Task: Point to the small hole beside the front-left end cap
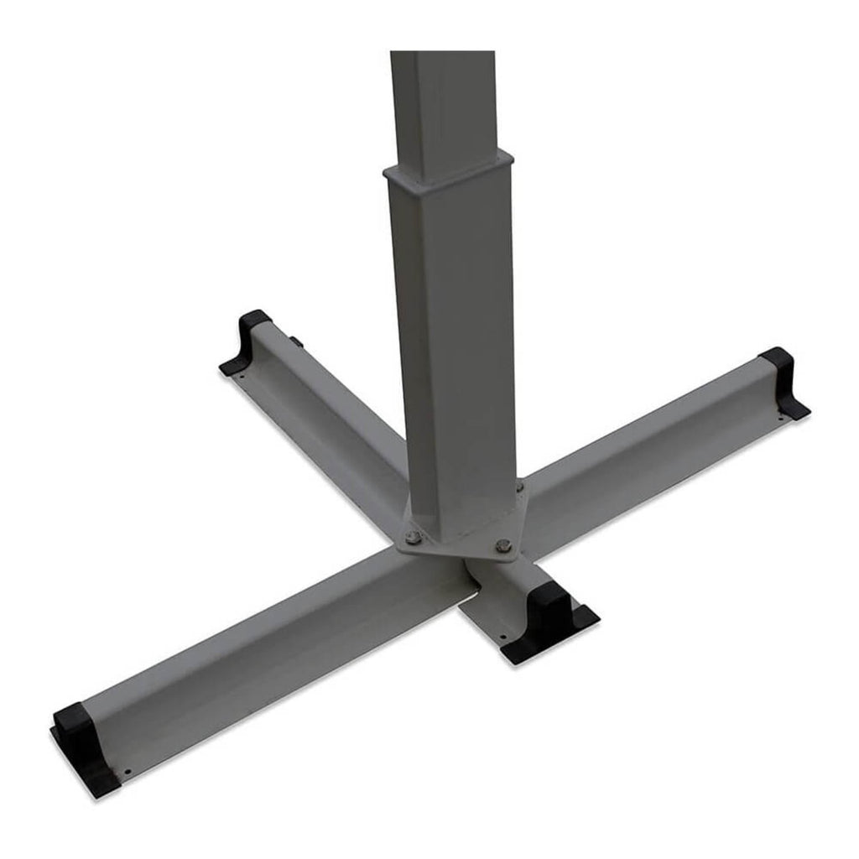click(x=128, y=773)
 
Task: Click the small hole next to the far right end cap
click(x=781, y=417)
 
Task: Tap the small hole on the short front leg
click(x=508, y=621)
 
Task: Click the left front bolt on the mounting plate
click(x=413, y=538)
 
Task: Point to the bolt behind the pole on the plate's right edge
click(x=520, y=487)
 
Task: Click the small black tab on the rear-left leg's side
click(x=295, y=341)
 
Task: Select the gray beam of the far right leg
click(x=654, y=445)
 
